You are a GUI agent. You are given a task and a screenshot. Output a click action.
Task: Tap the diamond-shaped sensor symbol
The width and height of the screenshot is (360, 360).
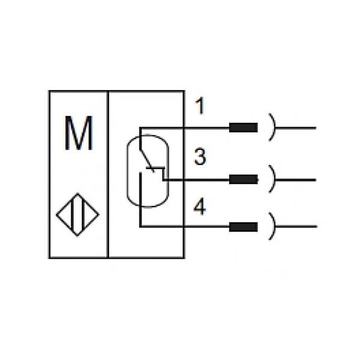pos(78,214)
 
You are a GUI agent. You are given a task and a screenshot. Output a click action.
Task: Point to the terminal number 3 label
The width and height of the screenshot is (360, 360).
pos(200,158)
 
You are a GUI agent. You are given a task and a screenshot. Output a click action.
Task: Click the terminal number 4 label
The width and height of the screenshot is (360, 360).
pos(200,208)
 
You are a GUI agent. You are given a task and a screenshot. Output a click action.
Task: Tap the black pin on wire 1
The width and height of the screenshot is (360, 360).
pos(244,128)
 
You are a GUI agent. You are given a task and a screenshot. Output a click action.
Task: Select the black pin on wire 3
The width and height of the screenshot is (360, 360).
pos(244,179)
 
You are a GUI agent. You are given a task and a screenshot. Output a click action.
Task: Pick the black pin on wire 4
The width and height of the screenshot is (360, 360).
pos(244,227)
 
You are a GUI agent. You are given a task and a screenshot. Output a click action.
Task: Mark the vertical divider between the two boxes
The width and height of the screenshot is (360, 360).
pos(107,174)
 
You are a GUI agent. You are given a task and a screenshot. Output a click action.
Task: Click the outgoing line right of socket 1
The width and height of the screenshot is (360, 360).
pos(297,128)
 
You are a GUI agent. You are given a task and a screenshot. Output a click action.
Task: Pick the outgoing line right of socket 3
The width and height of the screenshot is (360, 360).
pos(297,179)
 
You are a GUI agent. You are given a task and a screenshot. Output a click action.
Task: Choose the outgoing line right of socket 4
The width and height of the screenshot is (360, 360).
pos(297,227)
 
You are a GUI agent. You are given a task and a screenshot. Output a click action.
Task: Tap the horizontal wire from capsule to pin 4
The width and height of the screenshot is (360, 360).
pos(186,227)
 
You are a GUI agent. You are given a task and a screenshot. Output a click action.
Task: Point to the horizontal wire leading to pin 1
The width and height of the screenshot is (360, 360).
pos(186,128)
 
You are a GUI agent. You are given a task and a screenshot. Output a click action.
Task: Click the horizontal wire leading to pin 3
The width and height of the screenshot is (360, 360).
pos(198,179)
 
